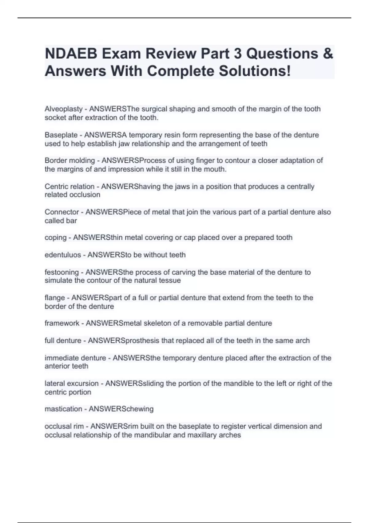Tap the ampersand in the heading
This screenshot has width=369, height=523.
pos(328,54)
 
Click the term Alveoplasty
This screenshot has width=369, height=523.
pos(64,109)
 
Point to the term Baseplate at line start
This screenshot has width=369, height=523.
pos(61,135)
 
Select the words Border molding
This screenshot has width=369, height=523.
pos(70,161)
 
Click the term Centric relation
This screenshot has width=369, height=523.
pos(69,186)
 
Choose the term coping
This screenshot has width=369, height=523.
pos(56,238)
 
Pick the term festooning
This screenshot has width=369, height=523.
pos(62,272)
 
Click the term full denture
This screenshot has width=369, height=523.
pos(63,341)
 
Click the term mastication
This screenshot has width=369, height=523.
pos(63,409)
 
